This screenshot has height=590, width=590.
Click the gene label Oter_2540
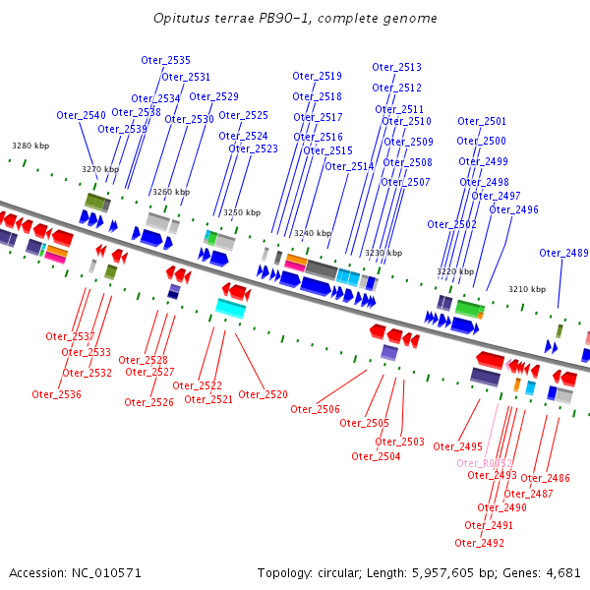click(81, 115)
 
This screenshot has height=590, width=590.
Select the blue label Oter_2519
click(317, 76)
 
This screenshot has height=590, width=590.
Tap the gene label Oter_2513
click(396, 67)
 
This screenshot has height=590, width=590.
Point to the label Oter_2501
click(482, 121)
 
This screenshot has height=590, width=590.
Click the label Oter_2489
click(563, 253)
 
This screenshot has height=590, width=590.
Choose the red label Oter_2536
click(56, 394)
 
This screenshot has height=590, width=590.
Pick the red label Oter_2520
click(263, 394)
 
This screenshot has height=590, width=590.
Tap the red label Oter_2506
click(315, 409)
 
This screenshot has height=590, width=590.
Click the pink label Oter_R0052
click(484, 463)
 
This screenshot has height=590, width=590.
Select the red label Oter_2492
click(479, 543)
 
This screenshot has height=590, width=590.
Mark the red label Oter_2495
click(457, 446)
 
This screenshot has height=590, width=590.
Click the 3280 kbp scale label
click(30, 146)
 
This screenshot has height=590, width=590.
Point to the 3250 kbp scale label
click(242, 212)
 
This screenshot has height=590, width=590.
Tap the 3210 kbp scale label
click(526, 289)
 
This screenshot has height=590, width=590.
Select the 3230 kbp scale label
click(383, 253)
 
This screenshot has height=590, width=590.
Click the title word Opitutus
click(180, 19)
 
